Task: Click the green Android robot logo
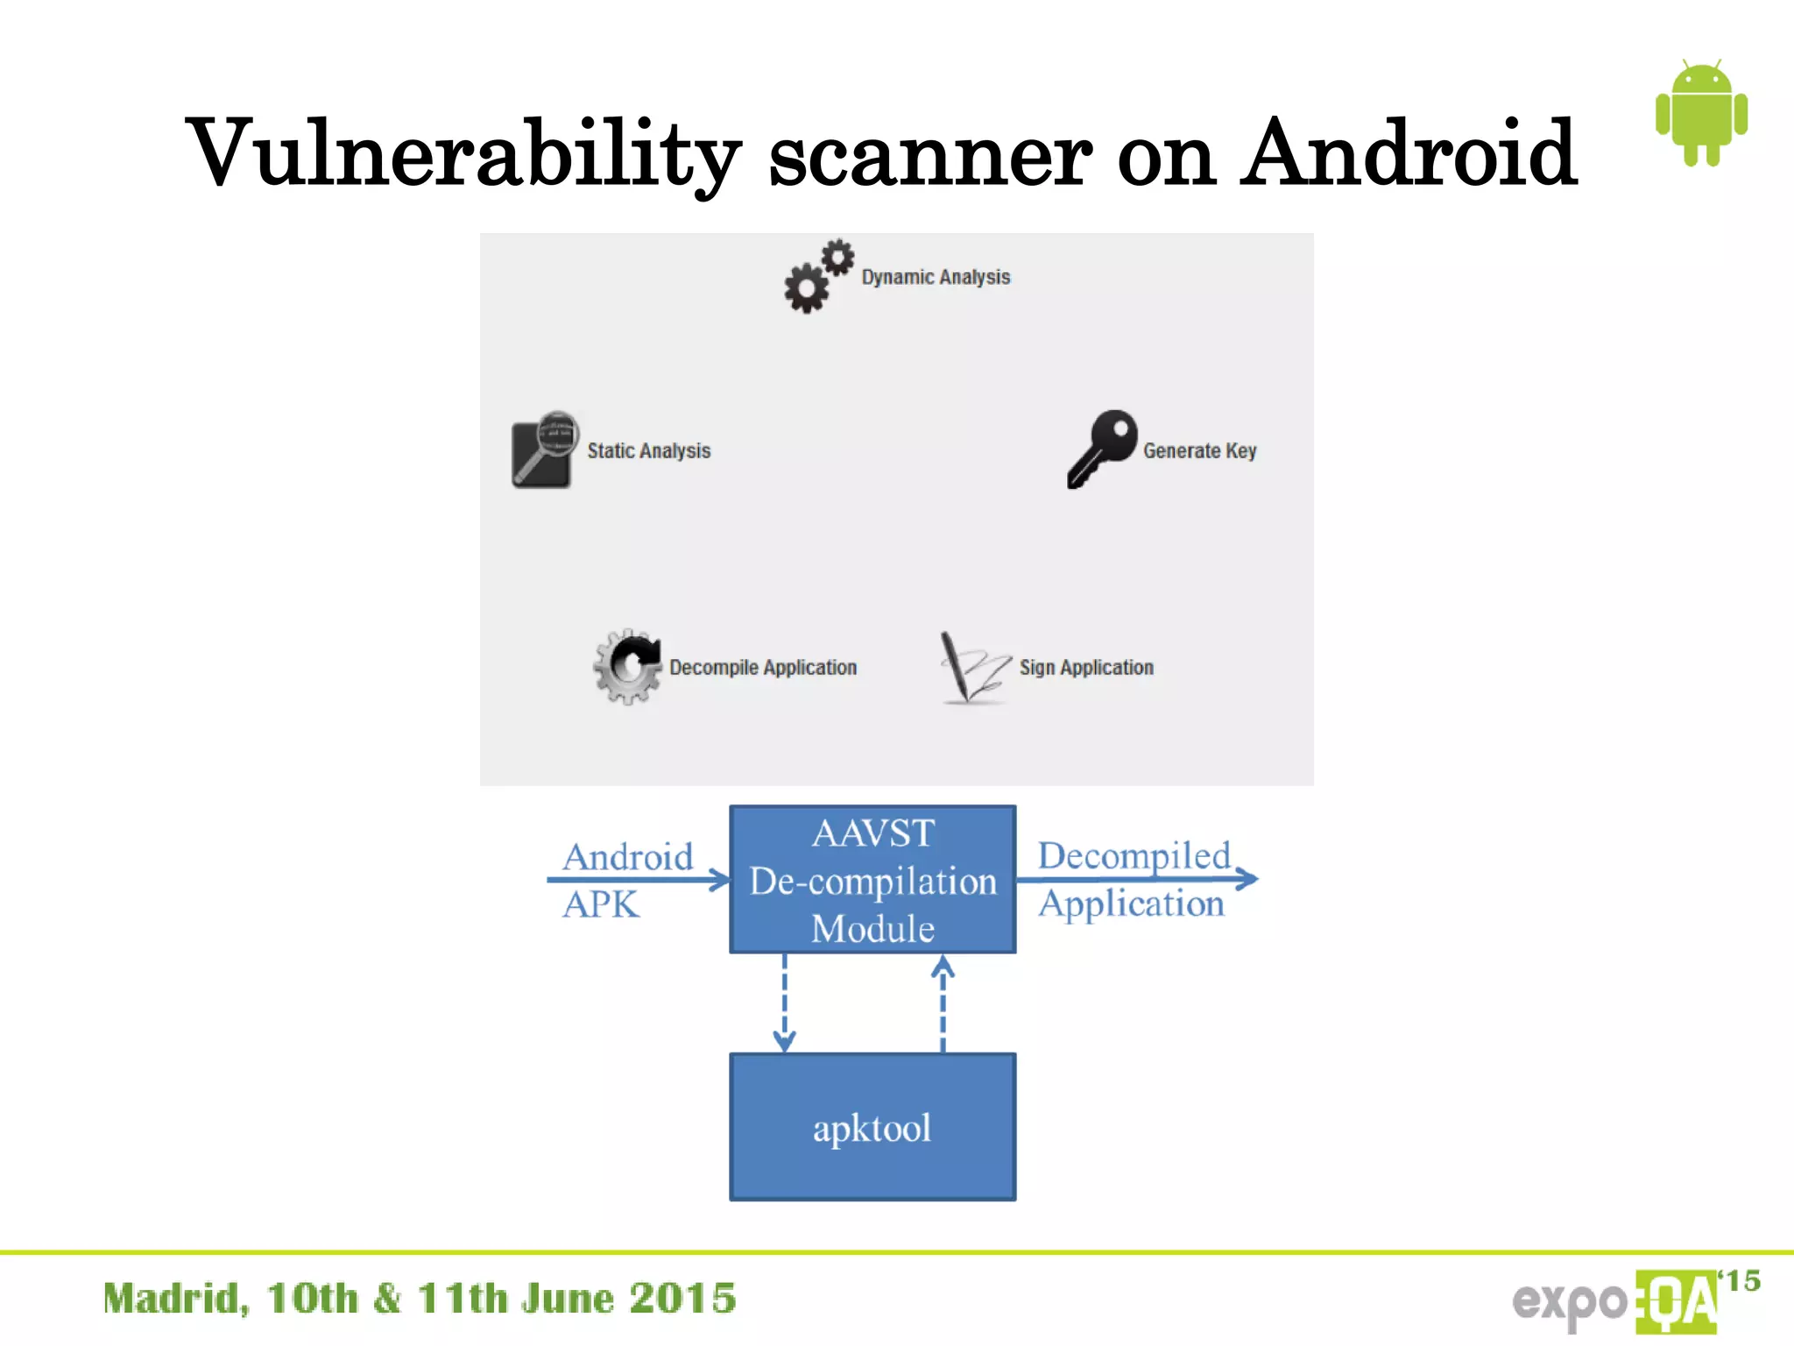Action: click(x=1700, y=114)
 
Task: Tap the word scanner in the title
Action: click(x=929, y=158)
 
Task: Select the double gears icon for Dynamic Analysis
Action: click(x=818, y=276)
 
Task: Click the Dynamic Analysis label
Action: click(x=936, y=277)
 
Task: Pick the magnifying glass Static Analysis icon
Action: click(x=543, y=450)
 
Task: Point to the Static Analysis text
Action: click(x=648, y=450)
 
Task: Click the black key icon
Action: click(x=1101, y=448)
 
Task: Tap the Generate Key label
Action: click(x=1199, y=450)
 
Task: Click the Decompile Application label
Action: click(x=763, y=667)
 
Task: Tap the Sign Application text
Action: click(x=1086, y=667)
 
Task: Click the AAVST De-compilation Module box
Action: click(x=872, y=879)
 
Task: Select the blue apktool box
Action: click(x=872, y=1127)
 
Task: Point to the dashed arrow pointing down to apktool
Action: click(x=784, y=1003)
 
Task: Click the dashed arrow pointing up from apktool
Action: click(x=943, y=1003)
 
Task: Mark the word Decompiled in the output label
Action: click(x=1134, y=855)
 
